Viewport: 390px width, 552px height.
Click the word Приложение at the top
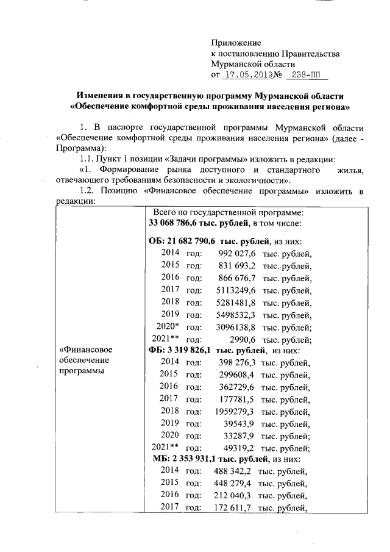click(235, 43)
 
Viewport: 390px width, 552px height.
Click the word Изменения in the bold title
click(103, 96)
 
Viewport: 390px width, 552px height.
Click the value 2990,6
click(243, 339)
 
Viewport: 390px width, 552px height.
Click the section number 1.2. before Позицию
click(88, 192)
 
